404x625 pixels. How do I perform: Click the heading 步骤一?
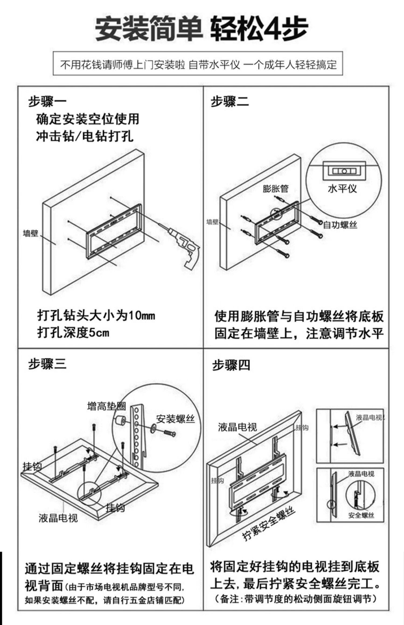47,101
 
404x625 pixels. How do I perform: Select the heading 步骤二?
230,101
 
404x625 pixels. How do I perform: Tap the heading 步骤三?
47,364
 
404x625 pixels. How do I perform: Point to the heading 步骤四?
231,365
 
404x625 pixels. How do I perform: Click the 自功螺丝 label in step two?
340,225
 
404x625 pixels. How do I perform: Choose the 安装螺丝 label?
175,419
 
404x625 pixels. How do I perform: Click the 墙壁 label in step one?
31,233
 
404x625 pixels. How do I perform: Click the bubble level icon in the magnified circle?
344,171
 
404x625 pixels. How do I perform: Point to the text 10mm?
142,315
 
